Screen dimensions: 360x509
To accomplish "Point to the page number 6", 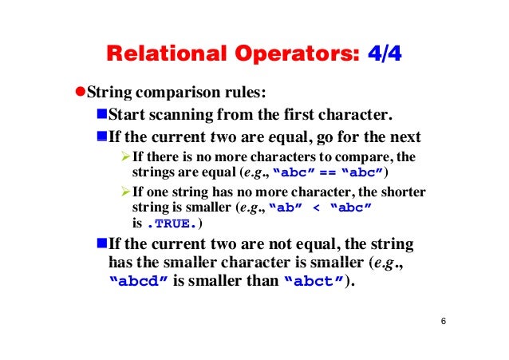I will click(443, 321).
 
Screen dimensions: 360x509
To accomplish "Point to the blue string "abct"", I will click(314, 282).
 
